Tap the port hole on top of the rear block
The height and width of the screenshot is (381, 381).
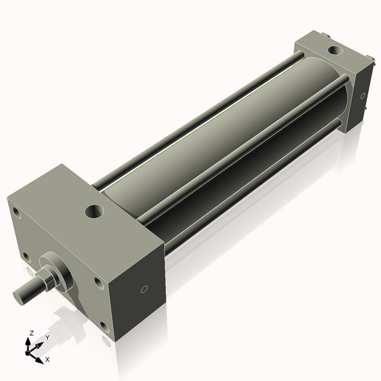(333, 50)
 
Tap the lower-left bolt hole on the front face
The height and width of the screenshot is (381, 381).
(26, 257)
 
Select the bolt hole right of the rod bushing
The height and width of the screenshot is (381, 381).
(97, 281)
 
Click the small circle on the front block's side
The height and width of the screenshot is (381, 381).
(144, 289)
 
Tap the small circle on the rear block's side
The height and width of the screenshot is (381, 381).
(363, 97)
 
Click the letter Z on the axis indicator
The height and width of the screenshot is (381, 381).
(32, 333)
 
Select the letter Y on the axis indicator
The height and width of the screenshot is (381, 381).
(47, 338)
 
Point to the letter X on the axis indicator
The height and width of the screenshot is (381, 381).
(47, 359)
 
